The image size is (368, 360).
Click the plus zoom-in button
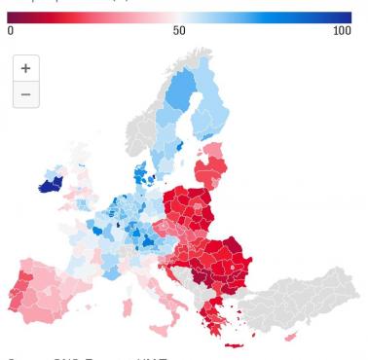(x=25, y=69)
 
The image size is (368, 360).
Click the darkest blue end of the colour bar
(x=347, y=17)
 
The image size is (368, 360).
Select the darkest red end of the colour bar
(x=11, y=17)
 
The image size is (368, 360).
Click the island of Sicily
(x=167, y=324)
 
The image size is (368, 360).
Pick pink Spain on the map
(x=54, y=292)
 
